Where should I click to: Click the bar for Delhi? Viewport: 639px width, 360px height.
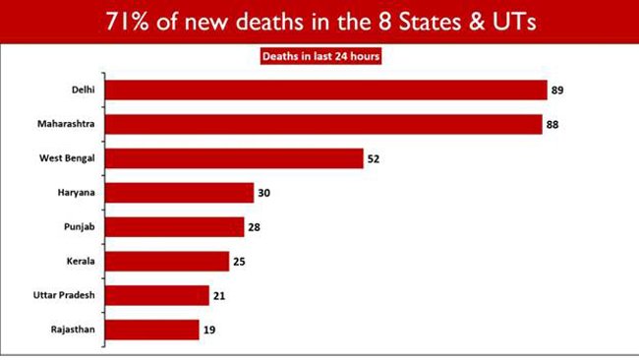click(x=325, y=90)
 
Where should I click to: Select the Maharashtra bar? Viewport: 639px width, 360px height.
click(x=323, y=125)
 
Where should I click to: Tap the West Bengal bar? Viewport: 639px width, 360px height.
click(x=234, y=158)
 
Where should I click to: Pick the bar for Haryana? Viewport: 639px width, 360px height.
click(x=179, y=193)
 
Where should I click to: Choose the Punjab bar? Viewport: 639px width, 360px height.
click(x=175, y=227)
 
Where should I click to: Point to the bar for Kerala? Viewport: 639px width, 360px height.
click(x=167, y=261)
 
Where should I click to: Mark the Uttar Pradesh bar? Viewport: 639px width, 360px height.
click(x=157, y=295)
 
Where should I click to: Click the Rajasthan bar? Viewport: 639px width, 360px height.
click(x=152, y=330)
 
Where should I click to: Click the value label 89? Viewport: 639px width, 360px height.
click(x=558, y=90)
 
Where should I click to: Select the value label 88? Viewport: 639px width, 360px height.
click(x=553, y=125)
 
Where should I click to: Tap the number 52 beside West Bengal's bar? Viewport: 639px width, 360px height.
click(x=375, y=158)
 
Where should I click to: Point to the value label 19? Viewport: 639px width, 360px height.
click(x=210, y=330)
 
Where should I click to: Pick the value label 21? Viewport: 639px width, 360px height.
click(x=220, y=295)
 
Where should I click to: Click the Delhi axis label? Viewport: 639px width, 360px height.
click(x=84, y=90)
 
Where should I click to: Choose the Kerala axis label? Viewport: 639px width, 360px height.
click(x=82, y=261)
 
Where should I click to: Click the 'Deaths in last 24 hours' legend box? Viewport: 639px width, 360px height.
click(x=320, y=56)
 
